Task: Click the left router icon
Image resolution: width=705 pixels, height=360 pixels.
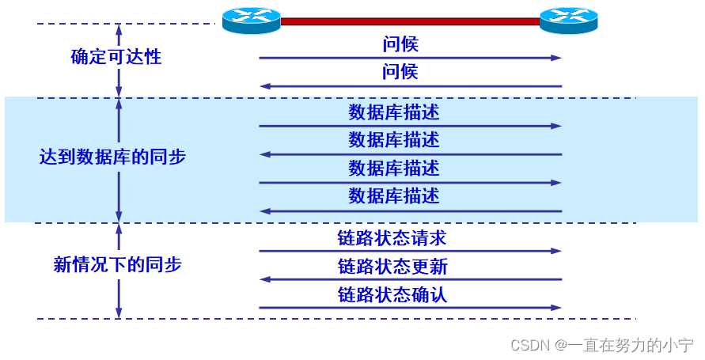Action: coord(251,20)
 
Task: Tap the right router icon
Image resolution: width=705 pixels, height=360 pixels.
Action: coord(568,20)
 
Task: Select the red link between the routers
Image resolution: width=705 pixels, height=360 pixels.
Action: coord(410,21)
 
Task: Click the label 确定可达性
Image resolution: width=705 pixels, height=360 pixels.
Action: coord(116,57)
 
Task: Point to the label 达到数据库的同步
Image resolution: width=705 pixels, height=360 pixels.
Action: coord(112,157)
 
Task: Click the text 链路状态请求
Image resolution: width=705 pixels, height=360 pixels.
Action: coord(393,237)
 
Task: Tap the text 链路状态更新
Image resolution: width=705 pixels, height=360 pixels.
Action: coord(393,266)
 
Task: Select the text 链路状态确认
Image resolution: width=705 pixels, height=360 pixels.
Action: coord(393,294)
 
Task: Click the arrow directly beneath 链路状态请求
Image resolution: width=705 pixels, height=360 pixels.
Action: coord(410,251)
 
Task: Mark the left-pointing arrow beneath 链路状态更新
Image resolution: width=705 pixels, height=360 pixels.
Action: coord(410,279)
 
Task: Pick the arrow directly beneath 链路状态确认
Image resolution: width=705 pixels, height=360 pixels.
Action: coord(410,308)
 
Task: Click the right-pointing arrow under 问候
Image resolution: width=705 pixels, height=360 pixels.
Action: coord(410,58)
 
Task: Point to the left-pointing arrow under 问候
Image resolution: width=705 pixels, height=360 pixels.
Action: coord(410,86)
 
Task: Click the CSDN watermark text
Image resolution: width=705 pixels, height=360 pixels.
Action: coord(602,346)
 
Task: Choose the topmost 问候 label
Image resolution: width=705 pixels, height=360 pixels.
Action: coord(400,44)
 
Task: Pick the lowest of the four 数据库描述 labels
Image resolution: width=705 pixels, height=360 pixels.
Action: coord(393,195)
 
